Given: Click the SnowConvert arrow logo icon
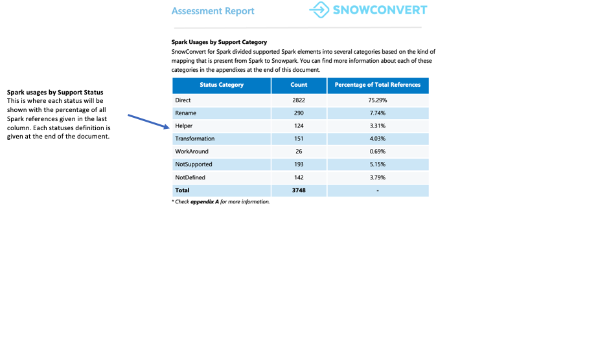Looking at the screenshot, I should (319, 10).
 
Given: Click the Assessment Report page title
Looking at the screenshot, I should (213, 11).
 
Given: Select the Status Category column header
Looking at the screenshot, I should (222, 85).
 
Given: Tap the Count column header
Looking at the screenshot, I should (299, 85).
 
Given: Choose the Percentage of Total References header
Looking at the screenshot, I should (378, 85).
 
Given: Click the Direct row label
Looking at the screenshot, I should (183, 100).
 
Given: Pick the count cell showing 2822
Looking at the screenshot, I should (299, 100).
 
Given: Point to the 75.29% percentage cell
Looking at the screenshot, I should (378, 100).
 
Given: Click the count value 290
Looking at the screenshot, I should (299, 113).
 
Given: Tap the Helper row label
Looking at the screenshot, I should (184, 126).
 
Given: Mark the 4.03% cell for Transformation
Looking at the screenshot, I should (378, 139).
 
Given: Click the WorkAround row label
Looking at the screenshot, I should (192, 152).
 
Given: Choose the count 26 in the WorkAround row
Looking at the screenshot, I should (299, 152).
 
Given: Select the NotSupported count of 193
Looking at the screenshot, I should (299, 164).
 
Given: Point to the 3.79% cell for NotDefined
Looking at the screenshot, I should (378, 177).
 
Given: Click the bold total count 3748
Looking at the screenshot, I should (299, 190).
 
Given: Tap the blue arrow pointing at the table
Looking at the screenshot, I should (148, 122).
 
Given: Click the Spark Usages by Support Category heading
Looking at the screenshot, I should (219, 42).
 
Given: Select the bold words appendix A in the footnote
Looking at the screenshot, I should (204, 202).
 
